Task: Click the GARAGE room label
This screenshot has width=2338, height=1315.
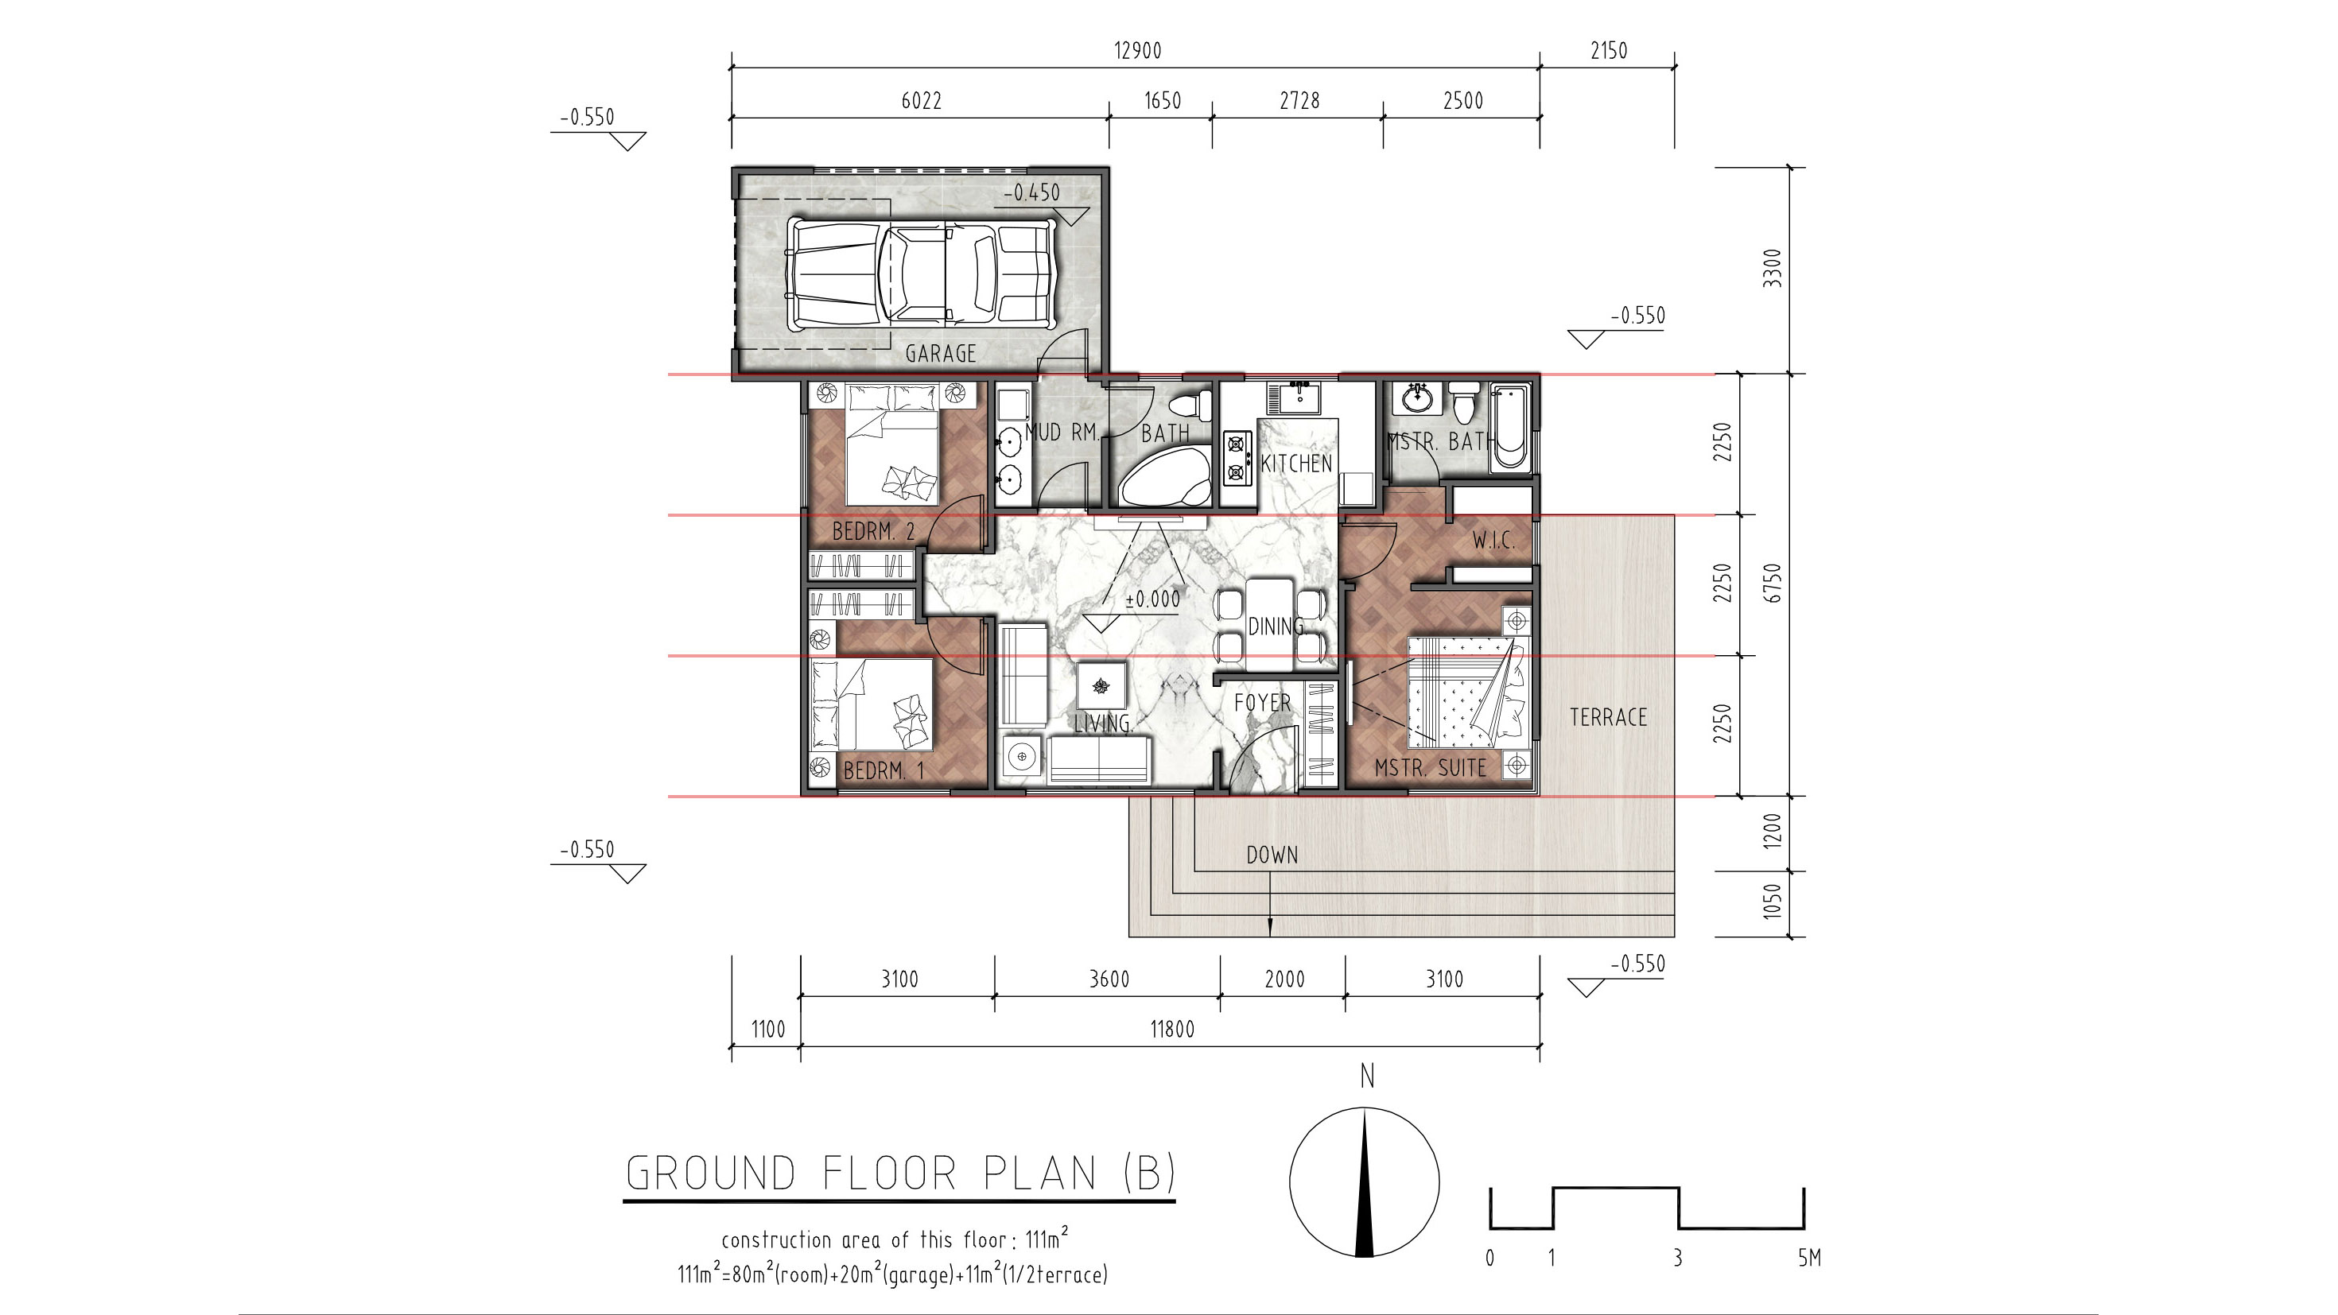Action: point(940,353)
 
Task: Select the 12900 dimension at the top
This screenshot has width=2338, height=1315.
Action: point(1137,51)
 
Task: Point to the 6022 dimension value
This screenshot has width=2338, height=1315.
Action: point(921,101)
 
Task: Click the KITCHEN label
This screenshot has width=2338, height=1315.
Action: point(1297,463)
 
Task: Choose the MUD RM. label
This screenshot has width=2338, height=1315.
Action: point(1062,432)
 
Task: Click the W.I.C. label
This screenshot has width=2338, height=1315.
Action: point(1493,541)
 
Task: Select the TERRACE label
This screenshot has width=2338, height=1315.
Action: point(1608,717)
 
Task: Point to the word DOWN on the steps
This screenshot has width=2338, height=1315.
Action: point(1272,855)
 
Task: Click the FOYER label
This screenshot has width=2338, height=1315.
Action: point(1261,703)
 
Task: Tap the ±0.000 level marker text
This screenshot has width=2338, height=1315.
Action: point(1152,599)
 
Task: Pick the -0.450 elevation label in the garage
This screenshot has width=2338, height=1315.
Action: point(1031,192)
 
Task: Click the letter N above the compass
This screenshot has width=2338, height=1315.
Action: point(1367,1076)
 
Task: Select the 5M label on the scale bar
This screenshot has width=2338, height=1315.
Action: point(1809,1258)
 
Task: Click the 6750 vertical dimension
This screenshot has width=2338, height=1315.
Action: point(1773,583)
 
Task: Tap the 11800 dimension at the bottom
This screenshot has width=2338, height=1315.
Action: point(1171,1029)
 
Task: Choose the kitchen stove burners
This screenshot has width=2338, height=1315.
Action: point(1234,458)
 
